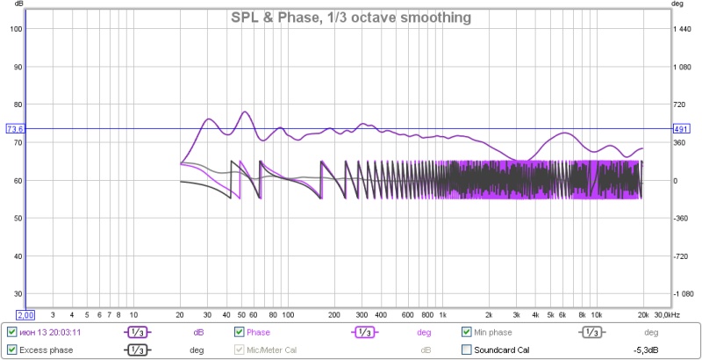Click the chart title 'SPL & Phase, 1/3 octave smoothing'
click(351, 18)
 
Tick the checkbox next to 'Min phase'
click(468, 333)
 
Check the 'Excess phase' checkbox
click(11, 350)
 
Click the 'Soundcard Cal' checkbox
click(468, 350)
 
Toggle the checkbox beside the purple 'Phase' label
click(239, 333)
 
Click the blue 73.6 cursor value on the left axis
click(14, 129)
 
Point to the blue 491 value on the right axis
click(682, 129)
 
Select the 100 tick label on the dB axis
click(15, 29)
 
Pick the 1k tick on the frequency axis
click(442, 313)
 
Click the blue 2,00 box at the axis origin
click(25, 314)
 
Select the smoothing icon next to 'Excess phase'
click(134, 350)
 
